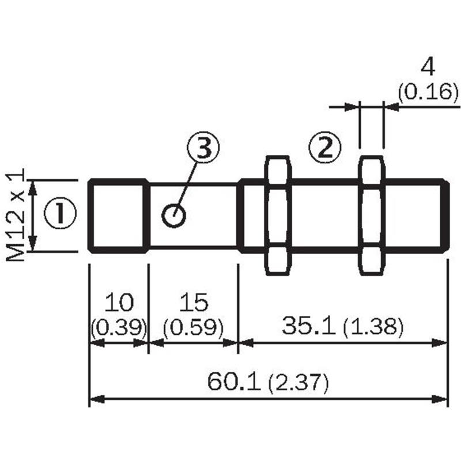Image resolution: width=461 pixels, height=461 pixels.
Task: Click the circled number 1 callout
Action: [61, 213]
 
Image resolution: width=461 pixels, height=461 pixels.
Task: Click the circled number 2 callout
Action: [325, 146]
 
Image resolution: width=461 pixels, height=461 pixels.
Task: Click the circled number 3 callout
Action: [204, 146]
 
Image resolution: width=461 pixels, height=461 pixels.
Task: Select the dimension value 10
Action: [119, 302]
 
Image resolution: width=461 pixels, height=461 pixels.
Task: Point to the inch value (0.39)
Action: [119, 327]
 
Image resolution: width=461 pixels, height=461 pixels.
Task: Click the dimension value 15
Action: [194, 302]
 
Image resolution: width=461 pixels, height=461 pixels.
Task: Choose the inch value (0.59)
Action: [193, 327]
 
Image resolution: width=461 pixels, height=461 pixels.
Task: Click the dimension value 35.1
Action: [308, 325]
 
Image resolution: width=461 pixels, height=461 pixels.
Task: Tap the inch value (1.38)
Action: [373, 326]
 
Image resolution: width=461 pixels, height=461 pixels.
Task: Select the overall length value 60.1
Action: [234, 381]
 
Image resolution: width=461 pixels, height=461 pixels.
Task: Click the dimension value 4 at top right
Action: [428, 68]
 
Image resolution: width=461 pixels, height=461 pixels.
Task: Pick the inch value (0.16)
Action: [428, 92]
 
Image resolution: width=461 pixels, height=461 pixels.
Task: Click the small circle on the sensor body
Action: [174, 216]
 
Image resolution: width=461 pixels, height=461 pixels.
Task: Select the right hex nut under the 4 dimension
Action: [371, 216]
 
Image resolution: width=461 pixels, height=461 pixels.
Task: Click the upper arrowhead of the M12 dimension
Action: [33, 188]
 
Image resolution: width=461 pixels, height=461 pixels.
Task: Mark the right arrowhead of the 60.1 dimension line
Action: [439, 399]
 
